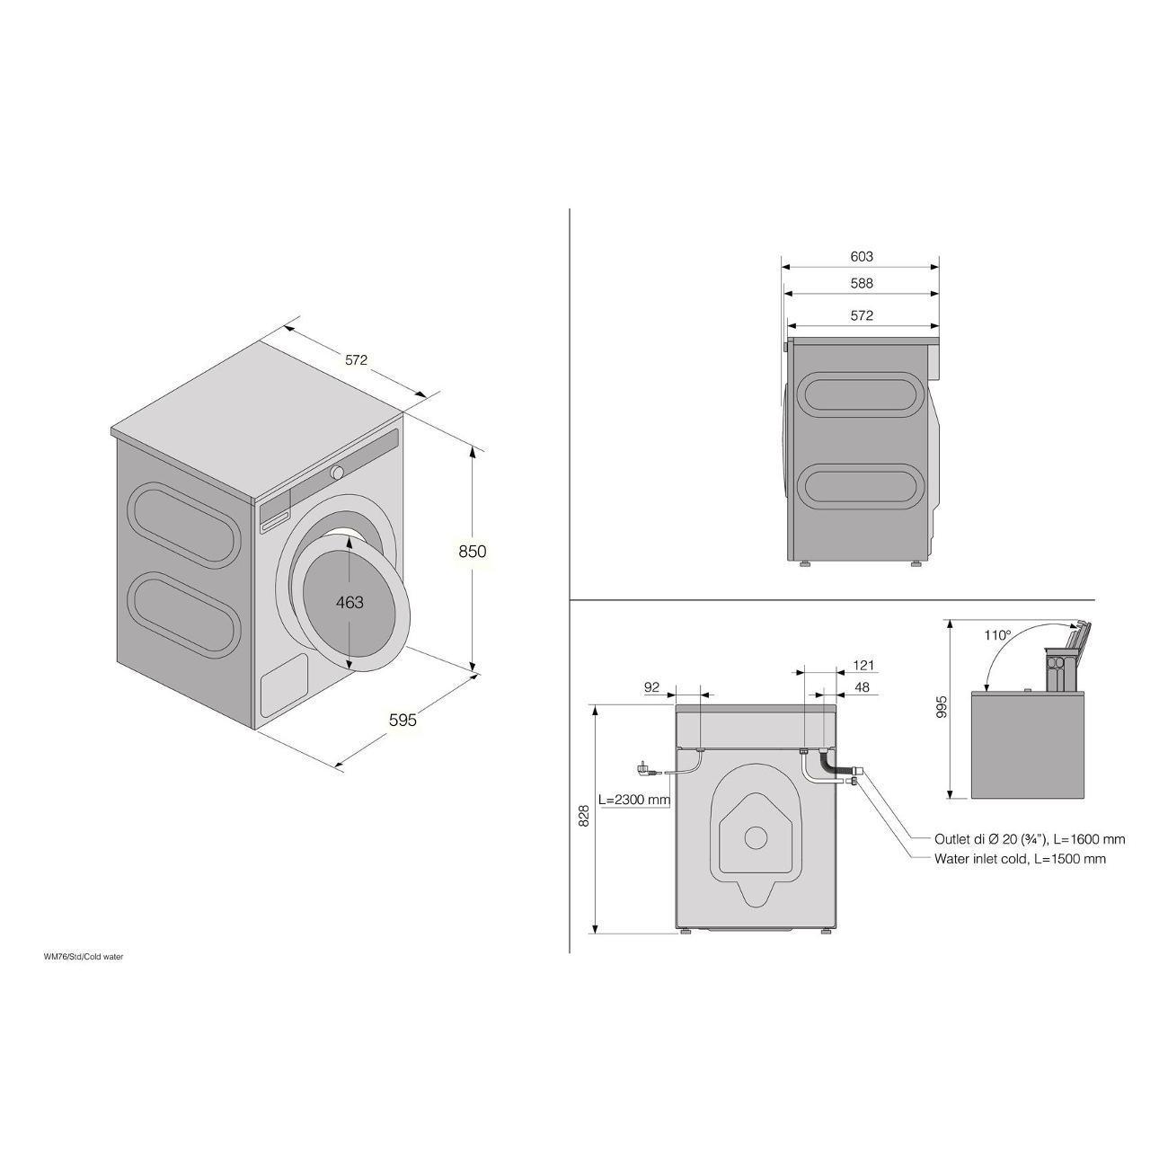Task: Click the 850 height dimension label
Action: click(x=473, y=552)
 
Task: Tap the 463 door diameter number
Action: click(x=350, y=603)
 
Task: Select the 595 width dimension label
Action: click(x=403, y=720)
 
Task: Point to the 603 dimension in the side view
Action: click(x=862, y=256)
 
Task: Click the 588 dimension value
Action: click(x=862, y=283)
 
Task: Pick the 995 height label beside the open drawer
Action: click(x=941, y=706)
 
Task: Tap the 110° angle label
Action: click(x=997, y=635)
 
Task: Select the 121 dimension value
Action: click(x=863, y=665)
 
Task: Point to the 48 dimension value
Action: click(x=862, y=686)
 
